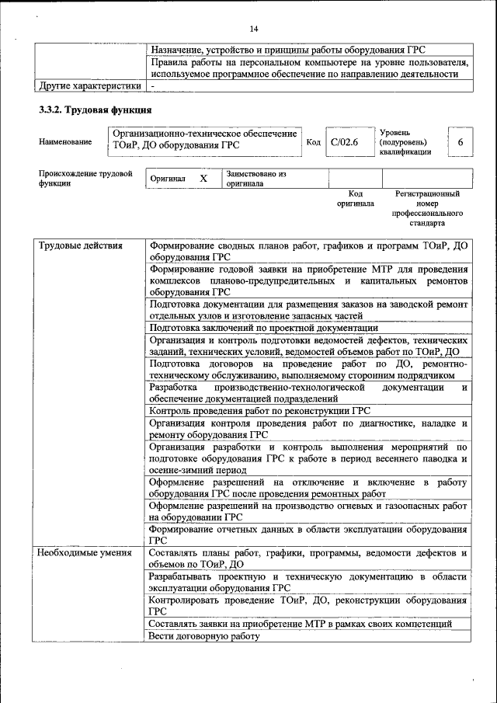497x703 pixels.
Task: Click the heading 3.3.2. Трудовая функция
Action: tap(95, 110)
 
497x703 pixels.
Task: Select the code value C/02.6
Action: tap(344, 142)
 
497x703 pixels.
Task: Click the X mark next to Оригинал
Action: tap(203, 179)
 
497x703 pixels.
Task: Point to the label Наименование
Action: tap(64, 142)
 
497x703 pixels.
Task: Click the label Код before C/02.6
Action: tap(313, 142)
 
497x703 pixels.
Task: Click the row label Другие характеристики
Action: tap(90, 85)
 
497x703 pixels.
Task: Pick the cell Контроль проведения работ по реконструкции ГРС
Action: tap(259, 410)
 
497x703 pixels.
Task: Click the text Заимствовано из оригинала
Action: tap(256, 179)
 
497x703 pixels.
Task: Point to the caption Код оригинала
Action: tap(356, 198)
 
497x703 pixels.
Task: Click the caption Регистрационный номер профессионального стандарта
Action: tap(427, 207)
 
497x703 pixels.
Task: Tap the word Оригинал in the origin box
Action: tap(169, 179)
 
